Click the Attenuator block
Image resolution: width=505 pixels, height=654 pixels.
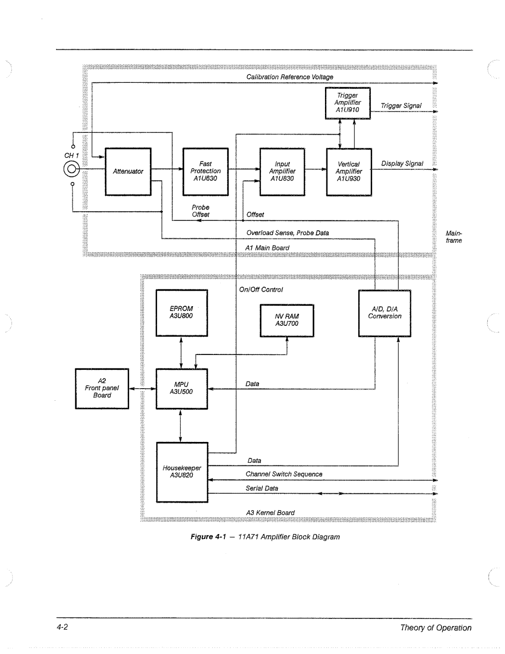[128, 171]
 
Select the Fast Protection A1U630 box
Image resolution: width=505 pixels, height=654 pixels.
[205, 171]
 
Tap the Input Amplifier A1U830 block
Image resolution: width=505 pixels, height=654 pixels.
[282, 171]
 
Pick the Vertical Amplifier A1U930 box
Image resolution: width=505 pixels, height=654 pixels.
[349, 172]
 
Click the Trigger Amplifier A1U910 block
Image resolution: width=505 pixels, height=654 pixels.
[348, 103]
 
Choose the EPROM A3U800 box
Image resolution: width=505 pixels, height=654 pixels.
[181, 313]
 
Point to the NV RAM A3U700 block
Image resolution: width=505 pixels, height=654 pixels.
[287, 320]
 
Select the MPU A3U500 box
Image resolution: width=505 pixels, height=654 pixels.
[181, 389]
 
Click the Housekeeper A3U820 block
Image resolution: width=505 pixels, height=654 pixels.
[182, 472]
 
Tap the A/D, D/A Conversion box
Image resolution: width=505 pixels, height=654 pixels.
[384, 313]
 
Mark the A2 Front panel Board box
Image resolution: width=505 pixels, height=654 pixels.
[102, 389]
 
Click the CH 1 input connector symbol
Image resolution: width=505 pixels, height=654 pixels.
[72, 169]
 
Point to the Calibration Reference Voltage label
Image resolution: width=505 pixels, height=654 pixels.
[290, 77]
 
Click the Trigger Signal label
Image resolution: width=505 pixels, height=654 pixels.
[401, 106]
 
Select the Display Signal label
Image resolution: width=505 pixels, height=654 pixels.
[402, 163]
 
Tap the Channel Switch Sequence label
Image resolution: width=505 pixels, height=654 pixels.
[284, 474]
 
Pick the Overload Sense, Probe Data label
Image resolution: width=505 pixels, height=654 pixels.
[288, 233]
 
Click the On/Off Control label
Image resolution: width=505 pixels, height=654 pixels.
[261, 290]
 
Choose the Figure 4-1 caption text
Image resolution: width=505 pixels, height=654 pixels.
[265, 537]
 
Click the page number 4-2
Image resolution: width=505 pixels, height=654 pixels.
[63, 627]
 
